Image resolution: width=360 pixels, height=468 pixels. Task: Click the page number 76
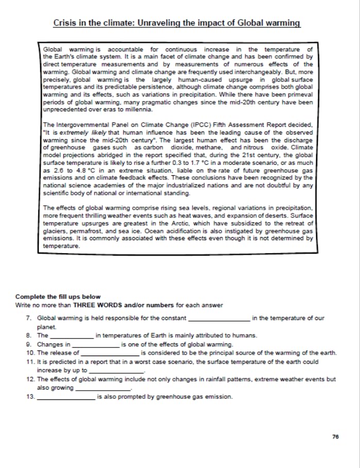(335, 437)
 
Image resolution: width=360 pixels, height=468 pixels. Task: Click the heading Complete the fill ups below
(58, 297)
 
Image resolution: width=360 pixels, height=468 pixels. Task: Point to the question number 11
(30, 362)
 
